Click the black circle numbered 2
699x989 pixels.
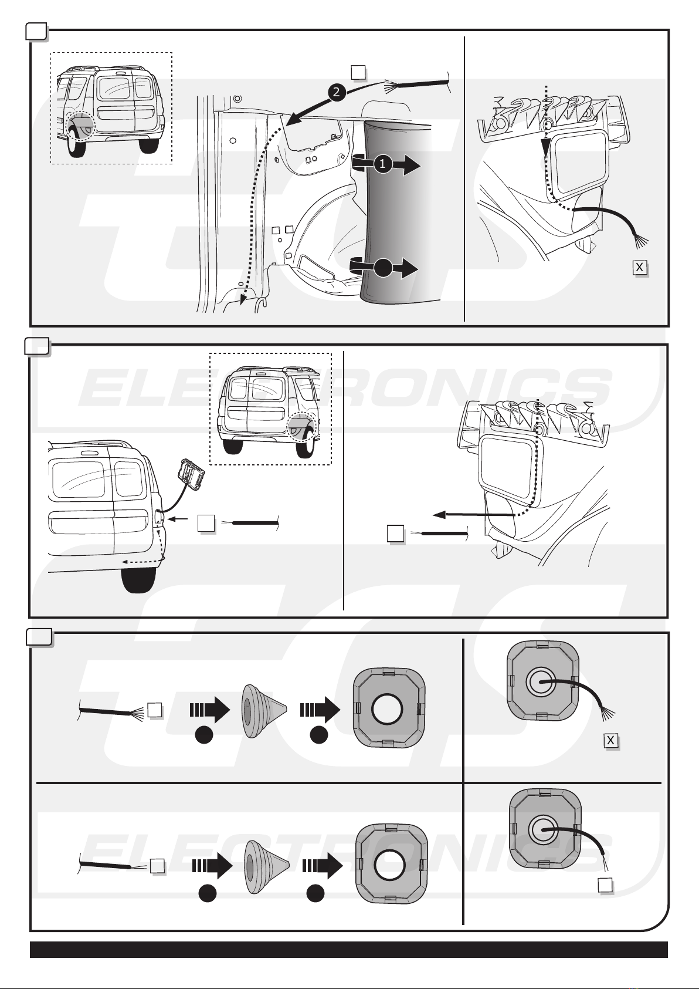click(337, 92)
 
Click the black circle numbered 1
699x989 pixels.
click(382, 164)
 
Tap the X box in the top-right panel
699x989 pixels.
click(640, 268)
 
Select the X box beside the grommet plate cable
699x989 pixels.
click(610, 741)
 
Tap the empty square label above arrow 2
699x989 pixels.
click(358, 72)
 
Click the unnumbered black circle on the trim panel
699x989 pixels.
click(382, 268)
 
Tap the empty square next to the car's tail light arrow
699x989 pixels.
click(206, 523)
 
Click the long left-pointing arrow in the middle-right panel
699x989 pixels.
click(474, 515)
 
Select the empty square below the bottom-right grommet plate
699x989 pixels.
click(605, 885)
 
